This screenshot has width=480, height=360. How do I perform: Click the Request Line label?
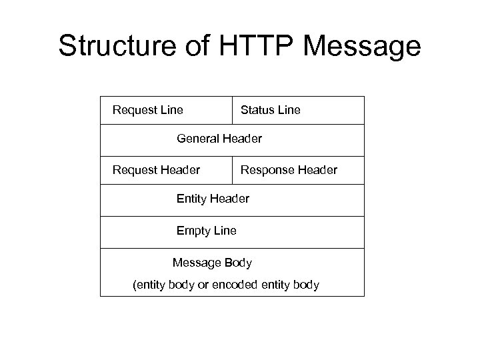tap(148, 109)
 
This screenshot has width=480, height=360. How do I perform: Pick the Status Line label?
tap(270, 109)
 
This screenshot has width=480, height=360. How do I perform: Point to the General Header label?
tap(219, 139)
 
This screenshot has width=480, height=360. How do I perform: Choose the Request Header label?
tap(156, 170)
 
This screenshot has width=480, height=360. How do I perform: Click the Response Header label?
tap(289, 170)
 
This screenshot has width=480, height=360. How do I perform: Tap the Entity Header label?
tap(213, 199)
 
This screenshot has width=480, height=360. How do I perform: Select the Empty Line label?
tap(206, 231)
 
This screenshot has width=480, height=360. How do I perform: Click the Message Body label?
tap(212, 263)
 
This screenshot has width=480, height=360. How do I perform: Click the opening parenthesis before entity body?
tap(135, 285)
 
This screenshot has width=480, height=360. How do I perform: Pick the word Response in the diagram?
tap(267, 170)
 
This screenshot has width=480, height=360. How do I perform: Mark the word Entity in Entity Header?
tap(192, 199)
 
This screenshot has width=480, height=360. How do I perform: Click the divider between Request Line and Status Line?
tap(233, 110)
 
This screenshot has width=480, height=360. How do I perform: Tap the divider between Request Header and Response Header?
tap(233, 170)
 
